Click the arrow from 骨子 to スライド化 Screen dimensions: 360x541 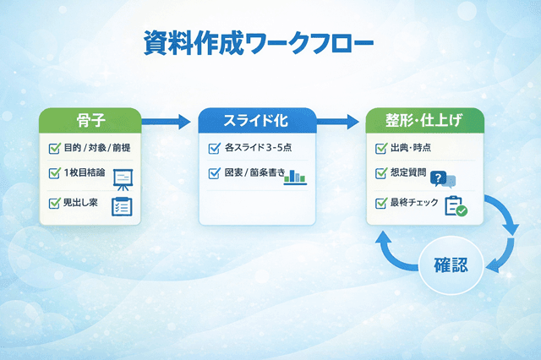(x=168, y=122)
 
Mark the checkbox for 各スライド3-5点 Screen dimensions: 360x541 (x=214, y=150)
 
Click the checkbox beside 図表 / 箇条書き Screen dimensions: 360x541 (x=214, y=175)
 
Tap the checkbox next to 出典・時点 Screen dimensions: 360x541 (x=381, y=150)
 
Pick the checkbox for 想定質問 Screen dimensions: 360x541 (x=381, y=176)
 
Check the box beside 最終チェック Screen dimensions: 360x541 (x=381, y=203)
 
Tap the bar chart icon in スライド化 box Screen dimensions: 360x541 (x=296, y=177)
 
